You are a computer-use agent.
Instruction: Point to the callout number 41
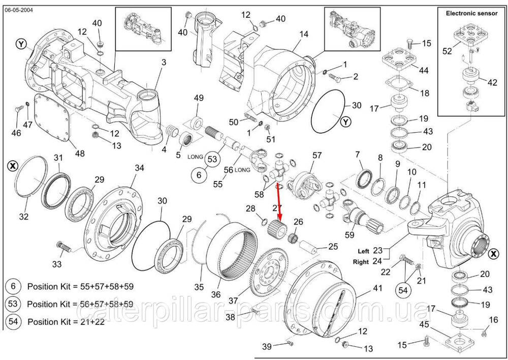point(376,288)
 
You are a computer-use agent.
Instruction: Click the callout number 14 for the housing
point(304,34)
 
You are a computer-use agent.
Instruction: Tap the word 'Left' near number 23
point(363,251)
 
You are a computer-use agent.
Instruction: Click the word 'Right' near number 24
point(362,262)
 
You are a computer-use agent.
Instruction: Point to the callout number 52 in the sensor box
point(447,51)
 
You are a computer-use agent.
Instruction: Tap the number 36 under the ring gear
point(216,294)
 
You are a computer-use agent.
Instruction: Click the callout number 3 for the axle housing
point(164,63)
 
